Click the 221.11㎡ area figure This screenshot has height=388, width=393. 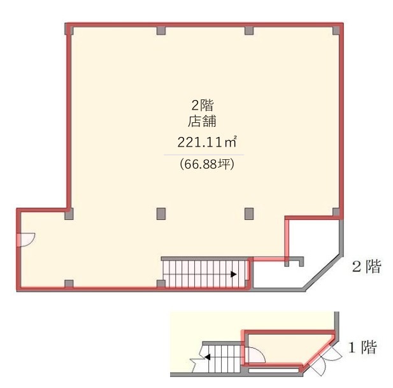coord(207,142)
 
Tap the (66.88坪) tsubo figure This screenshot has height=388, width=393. coord(207,164)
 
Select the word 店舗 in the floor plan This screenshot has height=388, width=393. coord(203,122)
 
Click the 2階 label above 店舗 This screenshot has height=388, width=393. coord(203,105)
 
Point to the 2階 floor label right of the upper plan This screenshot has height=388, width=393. coord(367,266)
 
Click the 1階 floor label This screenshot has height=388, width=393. coord(363,347)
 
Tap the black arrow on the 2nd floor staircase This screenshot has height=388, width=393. coord(234,274)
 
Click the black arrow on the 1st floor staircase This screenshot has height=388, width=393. coord(207,357)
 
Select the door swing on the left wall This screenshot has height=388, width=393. coord(26,240)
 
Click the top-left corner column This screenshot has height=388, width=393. coord(69,29)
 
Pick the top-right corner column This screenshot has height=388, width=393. coord(336,31)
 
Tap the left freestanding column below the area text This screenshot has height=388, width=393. coord(161,214)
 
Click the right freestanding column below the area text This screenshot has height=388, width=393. coord(249,214)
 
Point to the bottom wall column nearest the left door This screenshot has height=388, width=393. coord(69,284)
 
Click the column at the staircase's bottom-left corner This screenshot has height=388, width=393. coord(161,284)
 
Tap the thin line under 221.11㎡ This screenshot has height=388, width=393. coord(204,155)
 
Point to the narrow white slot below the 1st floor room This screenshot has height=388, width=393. coord(274,370)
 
